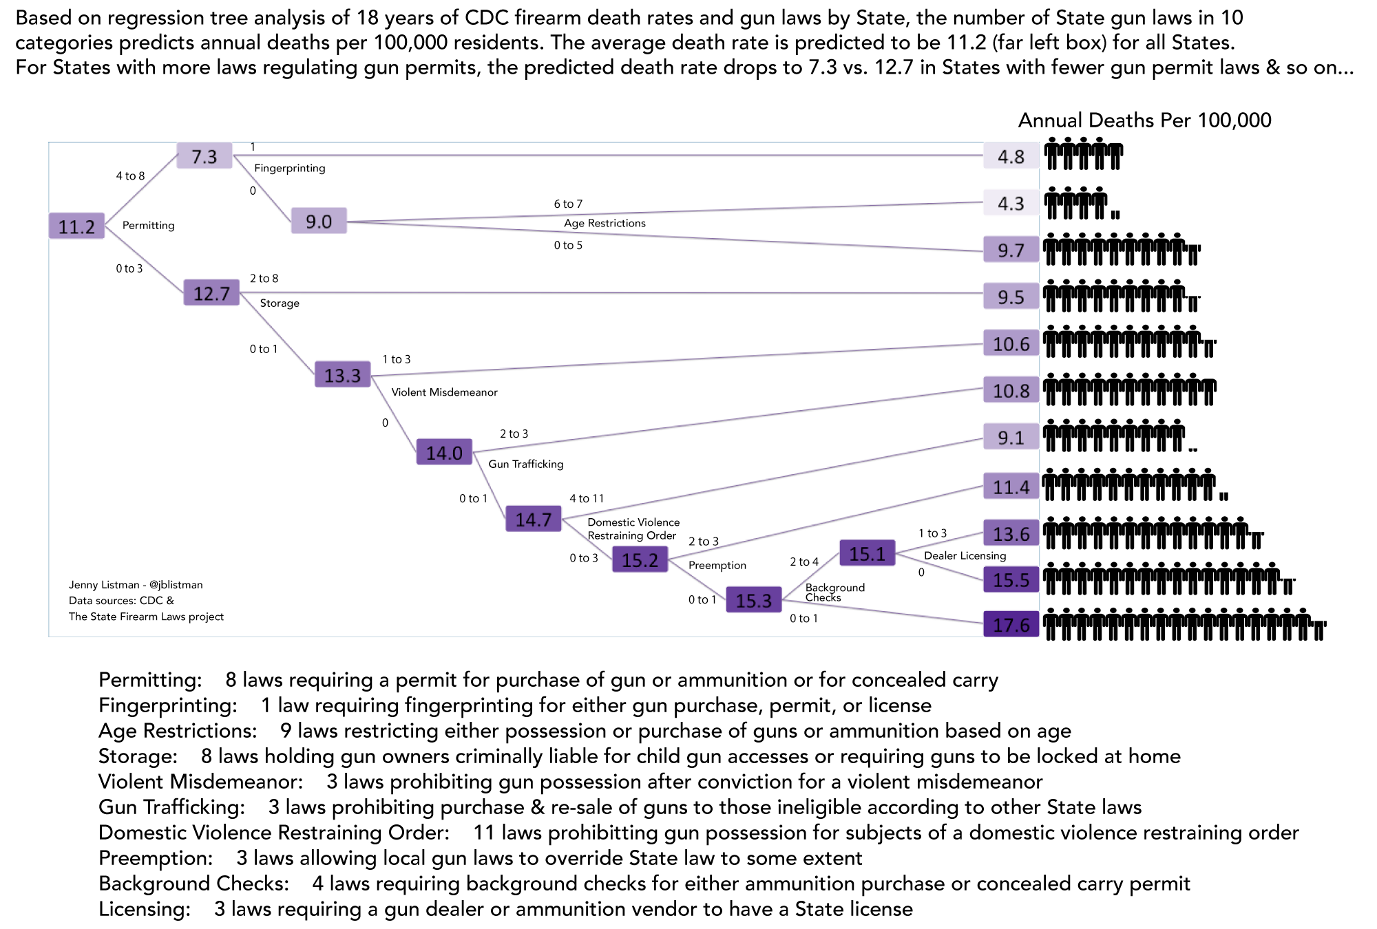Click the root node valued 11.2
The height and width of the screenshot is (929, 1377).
pyautogui.click(x=76, y=226)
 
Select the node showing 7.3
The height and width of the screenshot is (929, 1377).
pyautogui.click(x=204, y=156)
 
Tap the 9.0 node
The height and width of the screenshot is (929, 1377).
pyautogui.click(x=319, y=222)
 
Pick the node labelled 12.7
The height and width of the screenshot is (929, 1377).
pyautogui.click(x=211, y=293)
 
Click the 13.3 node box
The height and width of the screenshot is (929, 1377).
pyautogui.click(x=342, y=375)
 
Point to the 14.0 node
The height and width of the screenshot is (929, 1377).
pyautogui.click(x=444, y=452)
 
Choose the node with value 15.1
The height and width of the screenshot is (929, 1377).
pyautogui.click(x=867, y=553)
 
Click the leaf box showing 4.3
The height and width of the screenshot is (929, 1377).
pyautogui.click(x=1011, y=203)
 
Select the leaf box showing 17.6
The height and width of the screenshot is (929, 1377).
pyautogui.click(x=1011, y=624)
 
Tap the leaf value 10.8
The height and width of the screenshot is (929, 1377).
pyautogui.click(x=1011, y=390)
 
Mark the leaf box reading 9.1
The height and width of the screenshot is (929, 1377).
pyautogui.click(x=1011, y=437)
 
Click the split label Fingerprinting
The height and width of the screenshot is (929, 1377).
pyautogui.click(x=290, y=168)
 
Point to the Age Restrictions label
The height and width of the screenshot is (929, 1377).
pyautogui.click(x=605, y=223)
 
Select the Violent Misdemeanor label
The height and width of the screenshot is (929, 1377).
pyautogui.click(x=444, y=392)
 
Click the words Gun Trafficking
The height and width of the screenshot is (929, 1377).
pyautogui.click(x=526, y=464)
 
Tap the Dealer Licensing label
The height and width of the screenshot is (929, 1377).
pyautogui.click(x=965, y=555)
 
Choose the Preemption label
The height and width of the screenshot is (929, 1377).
pyautogui.click(x=717, y=565)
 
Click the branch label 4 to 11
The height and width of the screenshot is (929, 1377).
pyautogui.click(x=587, y=498)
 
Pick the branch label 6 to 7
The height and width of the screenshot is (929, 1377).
pyautogui.click(x=568, y=204)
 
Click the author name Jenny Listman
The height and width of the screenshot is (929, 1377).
pyautogui.click(x=104, y=585)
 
